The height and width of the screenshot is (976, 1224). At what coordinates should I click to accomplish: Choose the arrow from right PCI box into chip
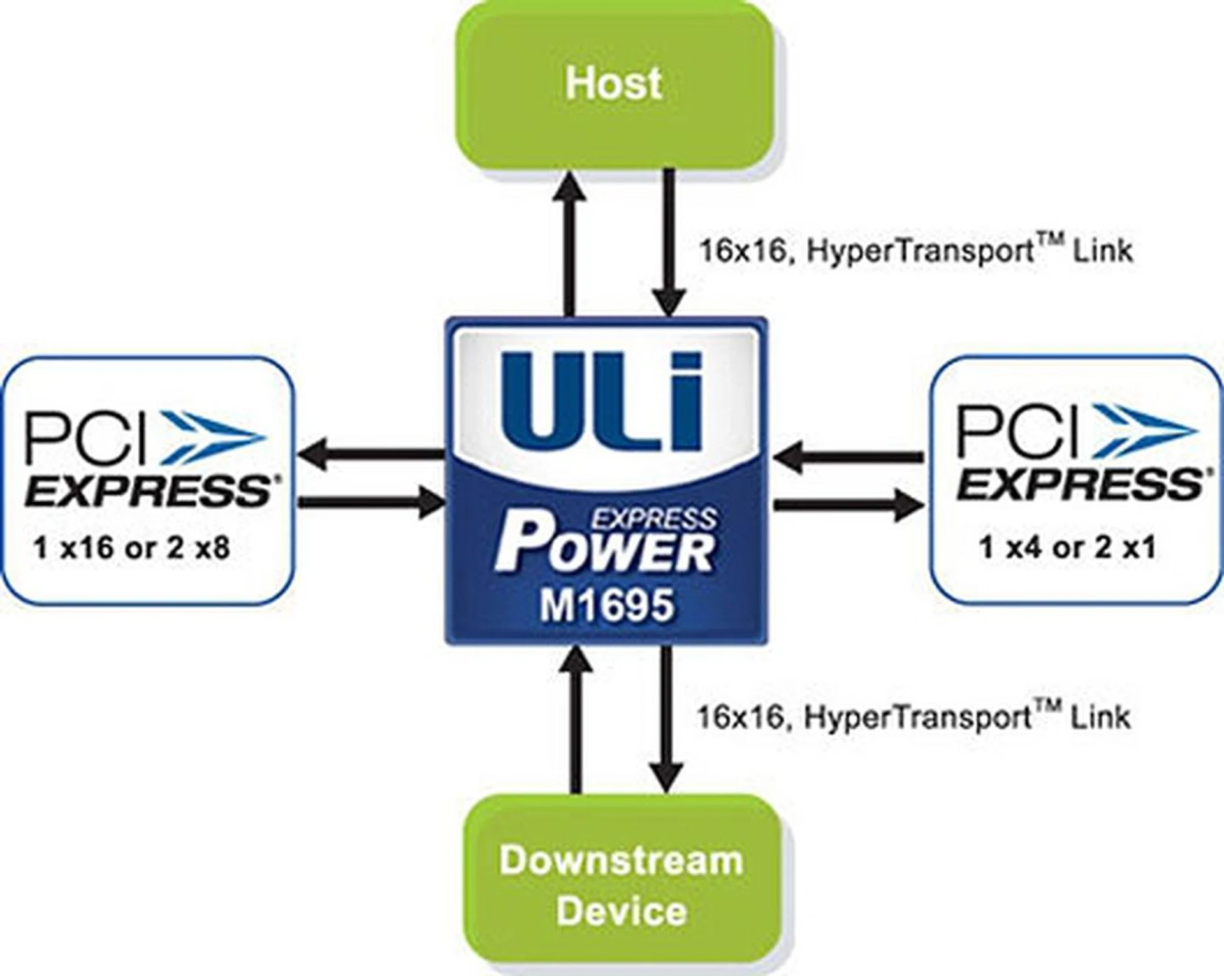[x=848, y=456]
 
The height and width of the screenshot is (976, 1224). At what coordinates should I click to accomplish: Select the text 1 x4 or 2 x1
[x=1067, y=548]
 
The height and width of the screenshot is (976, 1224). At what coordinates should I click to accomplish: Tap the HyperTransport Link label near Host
[x=916, y=251]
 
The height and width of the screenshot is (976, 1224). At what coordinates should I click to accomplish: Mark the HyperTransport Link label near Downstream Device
[x=914, y=717]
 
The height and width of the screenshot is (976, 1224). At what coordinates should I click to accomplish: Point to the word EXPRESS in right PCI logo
[x=1079, y=486]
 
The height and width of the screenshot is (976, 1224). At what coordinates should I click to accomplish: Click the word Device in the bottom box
[x=622, y=911]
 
